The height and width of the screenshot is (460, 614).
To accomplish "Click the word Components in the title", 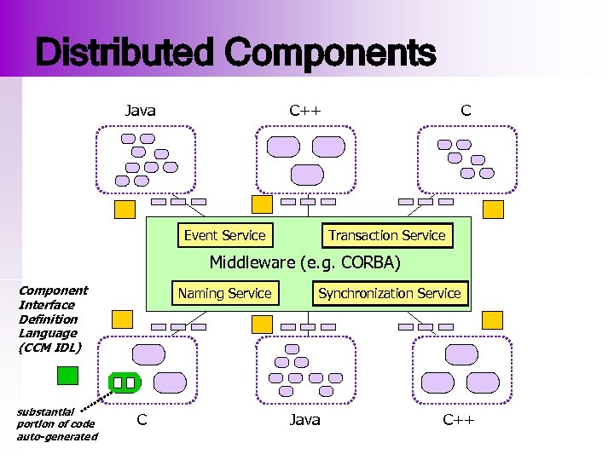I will [330, 54].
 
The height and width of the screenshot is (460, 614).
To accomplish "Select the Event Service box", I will [224, 235].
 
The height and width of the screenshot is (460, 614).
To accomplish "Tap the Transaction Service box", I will [387, 235].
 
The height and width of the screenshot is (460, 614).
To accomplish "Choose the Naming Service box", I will [224, 293].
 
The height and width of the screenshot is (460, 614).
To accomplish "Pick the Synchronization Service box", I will [389, 293].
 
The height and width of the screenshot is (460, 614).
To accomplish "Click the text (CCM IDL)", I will [49, 348].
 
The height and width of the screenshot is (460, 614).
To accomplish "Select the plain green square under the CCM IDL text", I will [67, 376].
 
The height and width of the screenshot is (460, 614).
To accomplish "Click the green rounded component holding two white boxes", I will [124, 382].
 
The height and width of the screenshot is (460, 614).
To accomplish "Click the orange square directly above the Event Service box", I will [263, 204].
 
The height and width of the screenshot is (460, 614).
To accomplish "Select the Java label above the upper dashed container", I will [140, 110].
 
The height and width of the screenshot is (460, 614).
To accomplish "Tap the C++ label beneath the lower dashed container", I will [458, 419].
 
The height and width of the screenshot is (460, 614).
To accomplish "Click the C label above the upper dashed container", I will [465, 110].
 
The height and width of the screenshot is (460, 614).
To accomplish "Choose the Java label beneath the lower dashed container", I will [304, 419].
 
